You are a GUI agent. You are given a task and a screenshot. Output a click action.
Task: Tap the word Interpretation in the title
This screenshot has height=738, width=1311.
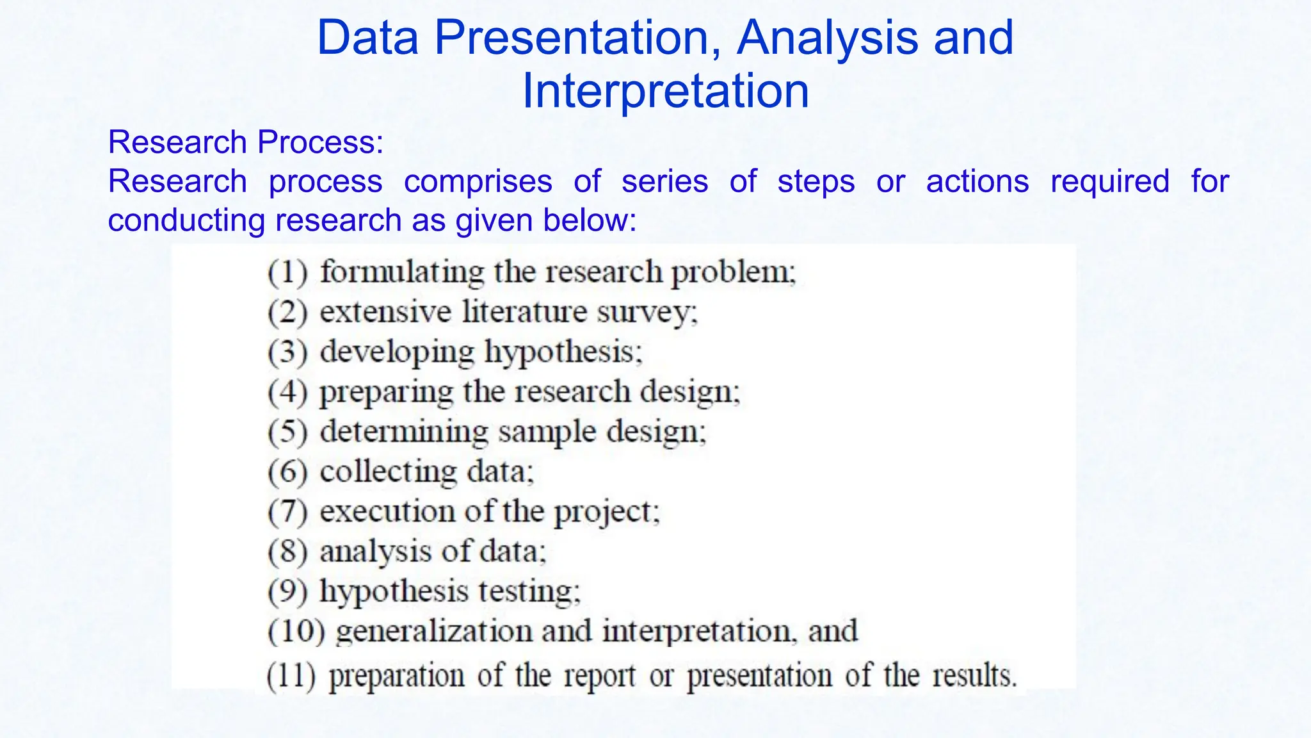(x=666, y=91)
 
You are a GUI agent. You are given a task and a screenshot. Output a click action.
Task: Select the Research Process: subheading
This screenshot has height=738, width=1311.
(x=246, y=142)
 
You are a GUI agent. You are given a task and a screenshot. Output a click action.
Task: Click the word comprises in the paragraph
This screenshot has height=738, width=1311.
(x=478, y=181)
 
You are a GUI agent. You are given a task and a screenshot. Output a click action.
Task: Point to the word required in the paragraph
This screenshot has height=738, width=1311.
(x=1110, y=181)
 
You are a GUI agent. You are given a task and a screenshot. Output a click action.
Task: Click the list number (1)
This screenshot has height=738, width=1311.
(x=287, y=272)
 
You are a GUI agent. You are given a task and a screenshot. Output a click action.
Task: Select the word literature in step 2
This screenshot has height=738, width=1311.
(x=524, y=312)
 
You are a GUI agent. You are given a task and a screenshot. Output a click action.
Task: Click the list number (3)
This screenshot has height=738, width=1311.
(x=287, y=352)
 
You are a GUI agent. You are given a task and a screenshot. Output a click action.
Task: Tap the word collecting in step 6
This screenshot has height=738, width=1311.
(x=388, y=472)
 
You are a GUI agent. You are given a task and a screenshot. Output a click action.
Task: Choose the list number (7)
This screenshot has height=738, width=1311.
(x=287, y=512)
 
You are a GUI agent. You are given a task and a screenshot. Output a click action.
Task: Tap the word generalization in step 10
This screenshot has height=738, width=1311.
(x=434, y=631)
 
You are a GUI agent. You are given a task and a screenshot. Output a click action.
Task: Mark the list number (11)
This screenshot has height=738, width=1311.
(x=291, y=676)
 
